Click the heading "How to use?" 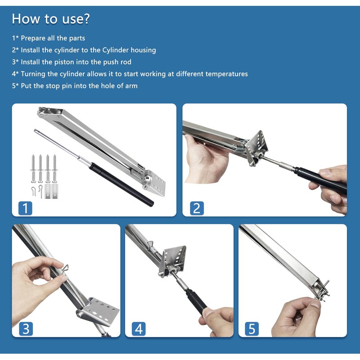click(x=51, y=19)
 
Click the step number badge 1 click(x=25, y=208)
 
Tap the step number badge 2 click(x=197, y=208)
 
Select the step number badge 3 click(x=26, y=328)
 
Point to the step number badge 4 click(x=139, y=328)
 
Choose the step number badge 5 click(x=252, y=328)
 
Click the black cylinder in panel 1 click(x=121, y=184)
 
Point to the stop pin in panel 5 click(x=322, y=292)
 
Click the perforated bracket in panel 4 click(x=172, y=261)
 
